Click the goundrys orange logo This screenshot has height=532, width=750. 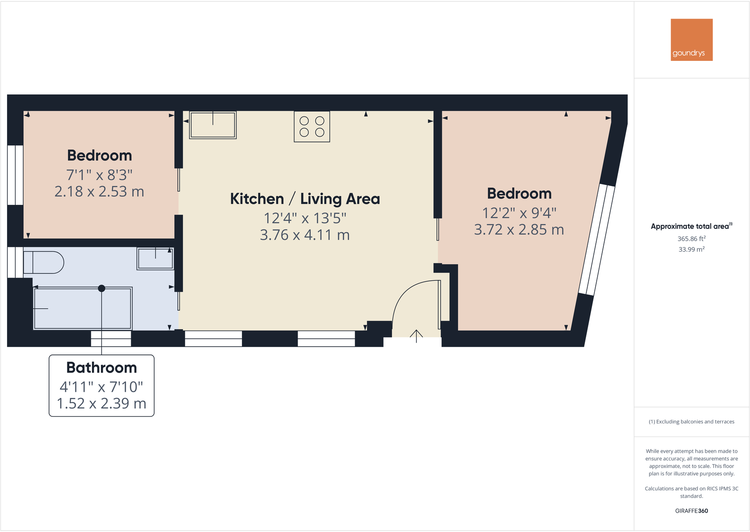pos(691,40)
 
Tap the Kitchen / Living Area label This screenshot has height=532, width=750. pos(305,199)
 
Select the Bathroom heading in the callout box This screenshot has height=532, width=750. pos(101,368)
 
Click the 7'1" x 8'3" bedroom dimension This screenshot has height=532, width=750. pos(100,175)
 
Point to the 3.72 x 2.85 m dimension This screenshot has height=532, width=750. pos(519,230)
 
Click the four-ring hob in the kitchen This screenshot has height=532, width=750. pos(312,127)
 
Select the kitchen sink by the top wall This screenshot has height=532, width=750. pos(213,125)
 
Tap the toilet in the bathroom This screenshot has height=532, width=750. pos(43,262)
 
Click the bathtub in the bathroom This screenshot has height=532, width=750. pos(83,309)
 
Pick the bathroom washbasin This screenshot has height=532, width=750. pos(155,259)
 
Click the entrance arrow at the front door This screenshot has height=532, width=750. pos(416,336)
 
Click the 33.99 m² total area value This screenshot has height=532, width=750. pos(691,249)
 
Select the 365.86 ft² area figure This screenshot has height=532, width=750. pos(691,239)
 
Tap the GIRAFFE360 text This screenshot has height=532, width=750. pos(691,511)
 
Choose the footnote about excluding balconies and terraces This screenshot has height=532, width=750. pos(691,422)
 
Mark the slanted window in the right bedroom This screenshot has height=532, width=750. pos(597,240)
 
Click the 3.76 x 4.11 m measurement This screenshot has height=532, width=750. pos(305,235)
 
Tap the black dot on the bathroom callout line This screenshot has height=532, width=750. pos(101,288)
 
